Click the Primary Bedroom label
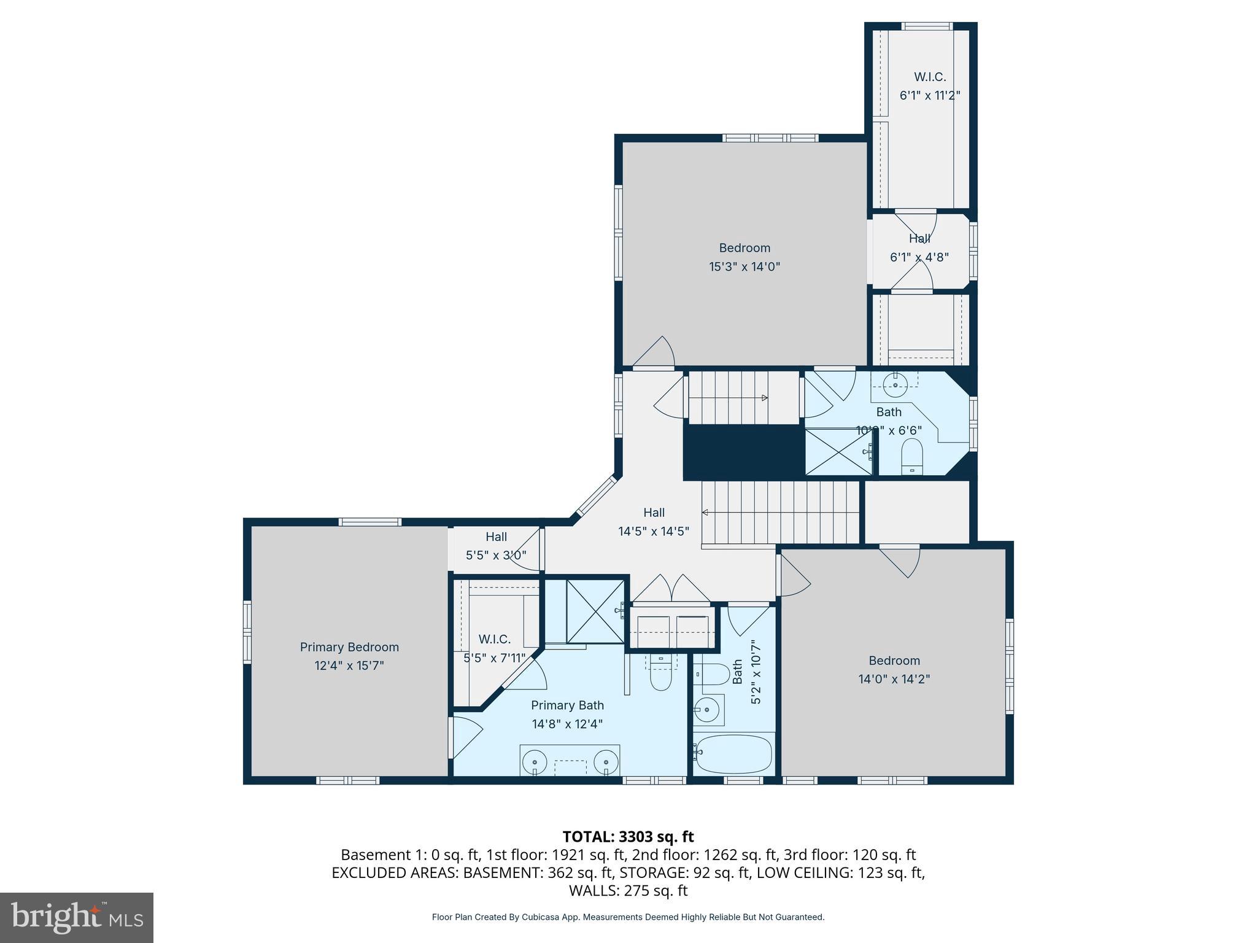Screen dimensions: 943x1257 pos(349,647)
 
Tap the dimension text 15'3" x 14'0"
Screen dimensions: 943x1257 pos(745,267)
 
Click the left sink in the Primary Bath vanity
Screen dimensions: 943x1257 pos(535,762)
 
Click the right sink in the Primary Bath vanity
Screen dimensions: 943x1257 pos(606,762)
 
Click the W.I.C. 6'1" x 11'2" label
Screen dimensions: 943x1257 pos(930,77)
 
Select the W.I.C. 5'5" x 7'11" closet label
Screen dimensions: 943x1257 pos(495,640)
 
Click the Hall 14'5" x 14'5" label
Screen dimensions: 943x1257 pos(654,513)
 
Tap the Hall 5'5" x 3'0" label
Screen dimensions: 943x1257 pos(496,537)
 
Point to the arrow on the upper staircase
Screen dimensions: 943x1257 pos(764,398)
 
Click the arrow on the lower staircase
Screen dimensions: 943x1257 pos(706,513)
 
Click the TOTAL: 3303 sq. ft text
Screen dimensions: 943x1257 pos(628,837)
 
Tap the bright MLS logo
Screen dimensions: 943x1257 pos(76,917)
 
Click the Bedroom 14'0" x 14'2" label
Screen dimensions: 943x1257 pos(894,661)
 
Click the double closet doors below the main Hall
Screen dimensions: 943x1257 pos(672,589)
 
